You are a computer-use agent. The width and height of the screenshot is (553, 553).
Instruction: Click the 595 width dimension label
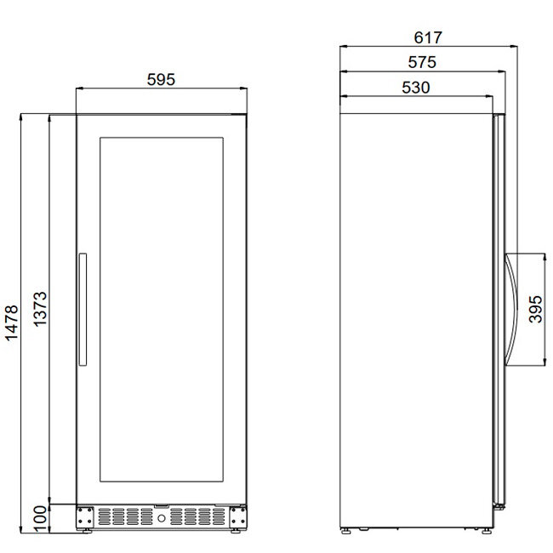[161, 79]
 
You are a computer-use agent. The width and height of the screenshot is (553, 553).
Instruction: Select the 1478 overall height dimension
[11, 322]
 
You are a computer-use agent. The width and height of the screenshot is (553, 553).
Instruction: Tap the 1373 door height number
[40, 309]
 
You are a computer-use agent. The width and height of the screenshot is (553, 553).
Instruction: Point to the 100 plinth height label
[40, 519]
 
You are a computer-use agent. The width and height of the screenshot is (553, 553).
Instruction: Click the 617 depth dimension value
[427, 37]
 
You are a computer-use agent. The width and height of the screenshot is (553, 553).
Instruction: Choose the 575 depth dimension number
[422, 62]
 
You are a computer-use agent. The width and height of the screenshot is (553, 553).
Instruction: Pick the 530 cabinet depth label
[416, 88]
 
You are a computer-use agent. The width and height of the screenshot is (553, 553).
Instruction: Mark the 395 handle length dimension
[535, 309]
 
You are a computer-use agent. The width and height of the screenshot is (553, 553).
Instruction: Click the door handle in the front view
[83, 310]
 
